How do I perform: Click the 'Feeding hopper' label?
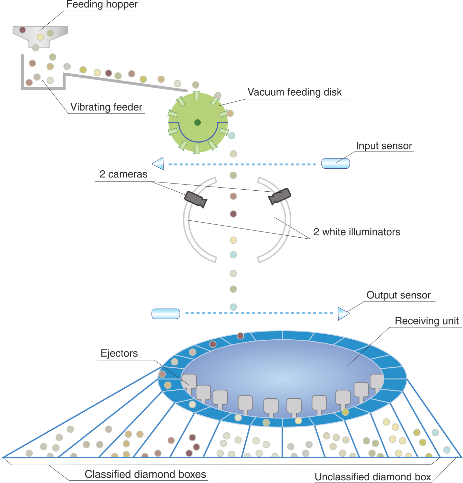[x=102, y=4]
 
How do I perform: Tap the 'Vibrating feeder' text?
[x=106, y=107]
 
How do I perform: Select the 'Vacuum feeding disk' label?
[x=294, y=92]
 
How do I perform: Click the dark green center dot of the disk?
[x=197, y=122]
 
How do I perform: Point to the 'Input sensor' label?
[x=384, y=146]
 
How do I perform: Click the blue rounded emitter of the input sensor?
[x=336, y=163]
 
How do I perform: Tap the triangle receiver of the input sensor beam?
[x=158, y=163]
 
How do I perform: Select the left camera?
[x=196, y=199]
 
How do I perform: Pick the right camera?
[x=279, y=196]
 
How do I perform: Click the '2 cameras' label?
[x=123, y=174]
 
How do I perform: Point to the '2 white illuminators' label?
[x=357, y=232]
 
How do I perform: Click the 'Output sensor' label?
[x=398, y=295]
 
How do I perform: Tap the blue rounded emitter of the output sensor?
[x=166, y=314]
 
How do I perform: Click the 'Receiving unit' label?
[x=427, y=321]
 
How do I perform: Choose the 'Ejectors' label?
[x=119, y=353]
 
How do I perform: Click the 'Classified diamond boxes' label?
[x=145, y=474]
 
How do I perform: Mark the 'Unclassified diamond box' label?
[x=373, y=477]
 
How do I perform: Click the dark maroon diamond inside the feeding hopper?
[x=23, y=30]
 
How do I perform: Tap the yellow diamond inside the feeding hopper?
[x=40, y=37]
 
